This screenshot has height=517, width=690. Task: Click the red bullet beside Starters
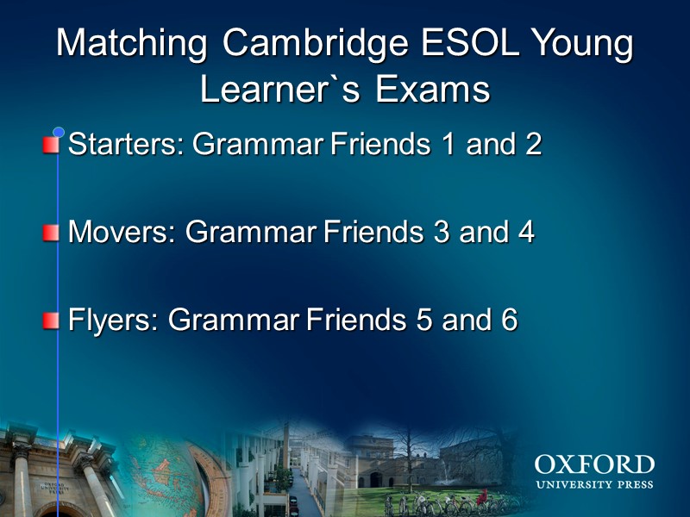click(x=52, y=144)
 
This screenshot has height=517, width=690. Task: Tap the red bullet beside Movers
click(x=52, y=232)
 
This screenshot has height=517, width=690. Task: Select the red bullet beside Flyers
click(x=52, y=321)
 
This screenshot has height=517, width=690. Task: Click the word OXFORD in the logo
click(x=593, y=465)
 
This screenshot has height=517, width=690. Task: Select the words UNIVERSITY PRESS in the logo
click(x=593, y=484)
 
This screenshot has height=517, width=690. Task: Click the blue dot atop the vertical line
click(x=59, y=133)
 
